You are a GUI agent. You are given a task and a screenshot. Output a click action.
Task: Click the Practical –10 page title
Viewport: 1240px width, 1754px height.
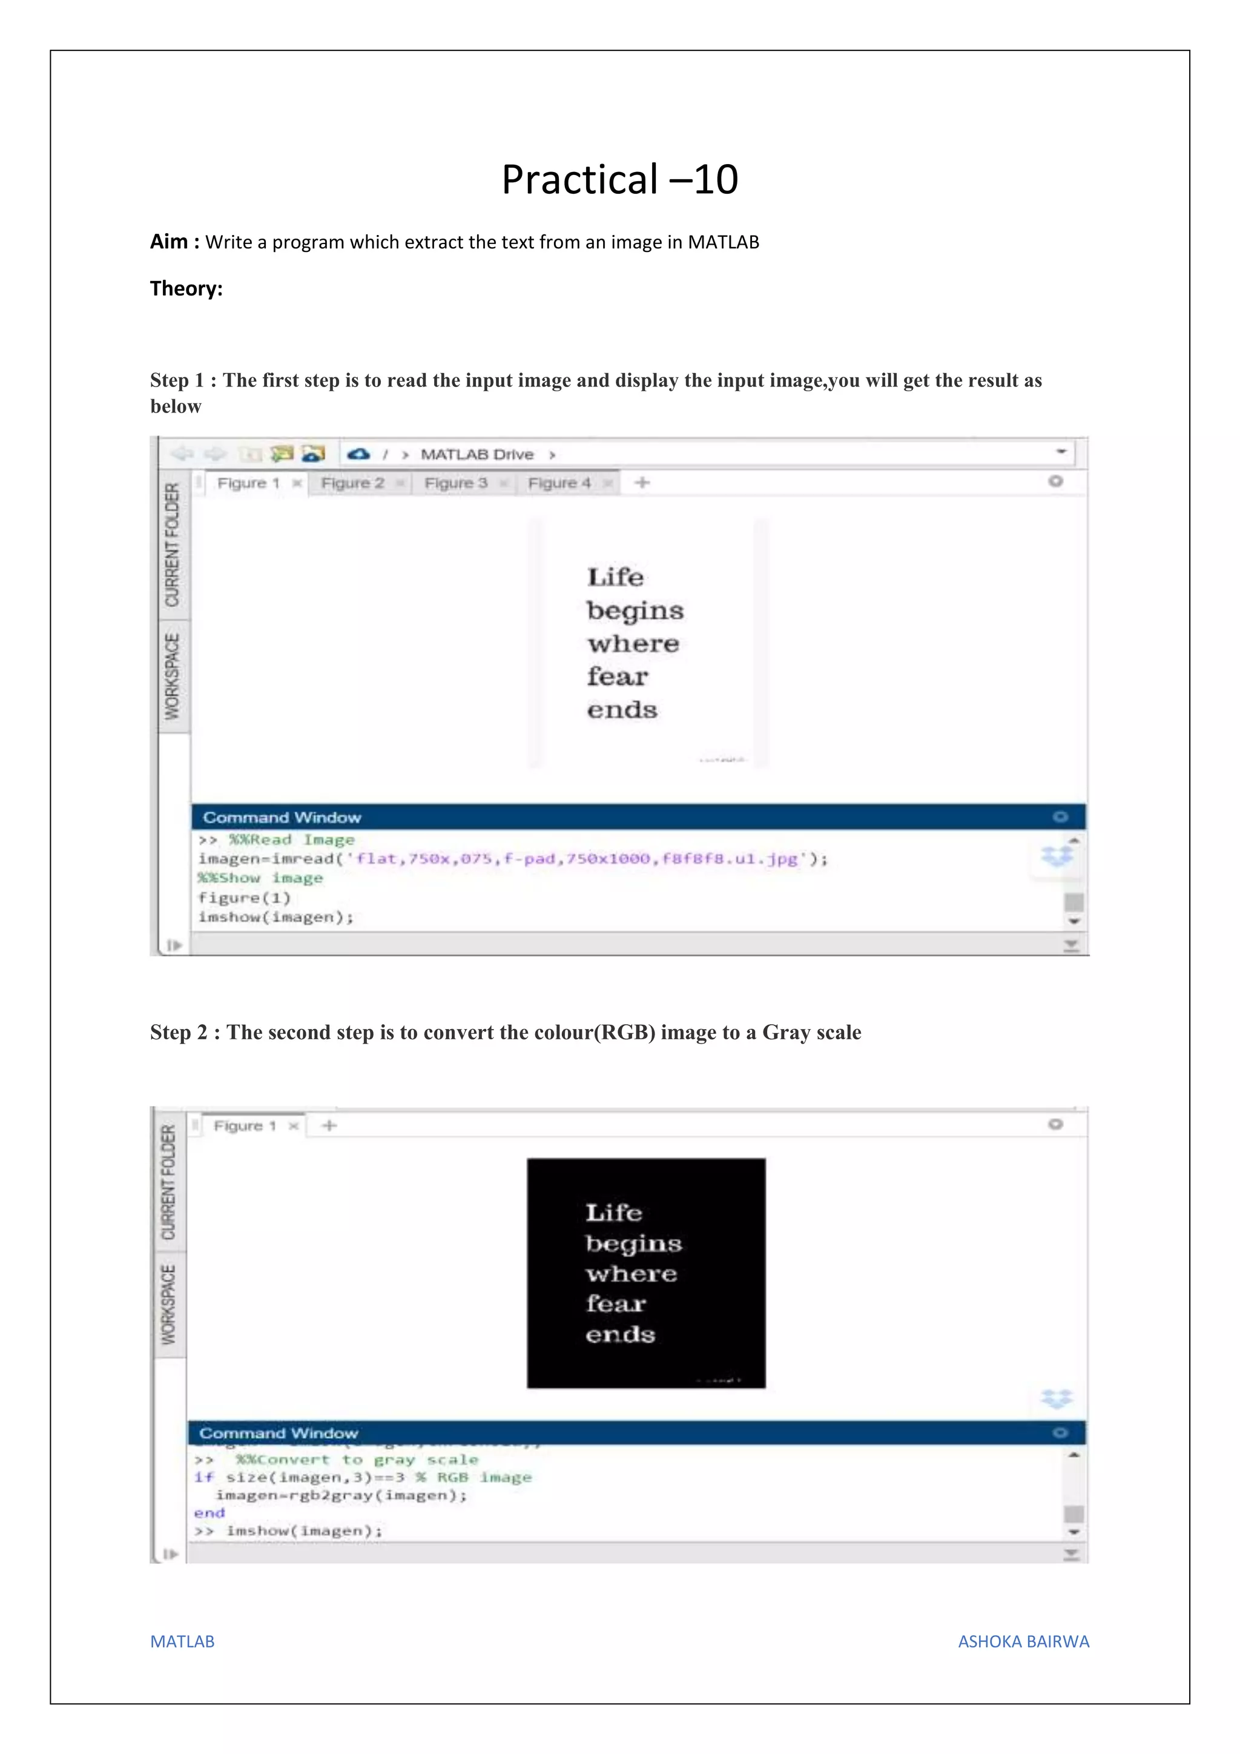(619, 180)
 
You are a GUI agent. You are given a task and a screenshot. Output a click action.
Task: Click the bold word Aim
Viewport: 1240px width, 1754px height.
(169, 242)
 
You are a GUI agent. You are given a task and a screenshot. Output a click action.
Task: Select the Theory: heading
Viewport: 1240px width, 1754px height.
(186, 289)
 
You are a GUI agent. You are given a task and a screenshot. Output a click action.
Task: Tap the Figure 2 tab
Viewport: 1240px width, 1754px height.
(353, 483)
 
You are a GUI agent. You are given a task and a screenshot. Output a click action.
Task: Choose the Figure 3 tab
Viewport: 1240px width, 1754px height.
(456, 483)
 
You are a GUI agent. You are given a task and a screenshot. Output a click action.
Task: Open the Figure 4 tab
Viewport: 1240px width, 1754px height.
(559, 483)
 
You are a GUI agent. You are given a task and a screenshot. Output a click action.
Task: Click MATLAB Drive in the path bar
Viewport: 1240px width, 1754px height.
(477, 454)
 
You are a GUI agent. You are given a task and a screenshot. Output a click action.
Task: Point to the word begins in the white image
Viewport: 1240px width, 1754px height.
(635, 611)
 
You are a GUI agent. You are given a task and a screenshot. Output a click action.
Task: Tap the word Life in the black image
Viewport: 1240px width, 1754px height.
(614, 1213)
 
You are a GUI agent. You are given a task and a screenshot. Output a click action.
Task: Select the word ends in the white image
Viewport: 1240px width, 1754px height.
(622, 710)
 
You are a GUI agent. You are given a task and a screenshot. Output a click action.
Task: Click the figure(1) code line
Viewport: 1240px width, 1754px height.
(245, 898)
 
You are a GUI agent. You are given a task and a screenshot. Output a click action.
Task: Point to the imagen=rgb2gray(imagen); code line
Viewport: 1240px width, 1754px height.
(341, 1495)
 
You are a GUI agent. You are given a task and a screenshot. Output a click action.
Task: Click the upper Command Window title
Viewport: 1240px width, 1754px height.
(282, 818)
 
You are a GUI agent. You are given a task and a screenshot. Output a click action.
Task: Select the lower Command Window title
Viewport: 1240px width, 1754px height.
(279, 1433)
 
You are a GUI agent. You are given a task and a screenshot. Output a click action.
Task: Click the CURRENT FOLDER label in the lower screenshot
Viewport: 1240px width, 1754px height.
(169, 1183)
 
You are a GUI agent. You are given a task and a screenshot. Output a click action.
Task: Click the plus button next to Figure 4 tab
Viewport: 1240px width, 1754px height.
(642, 483)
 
